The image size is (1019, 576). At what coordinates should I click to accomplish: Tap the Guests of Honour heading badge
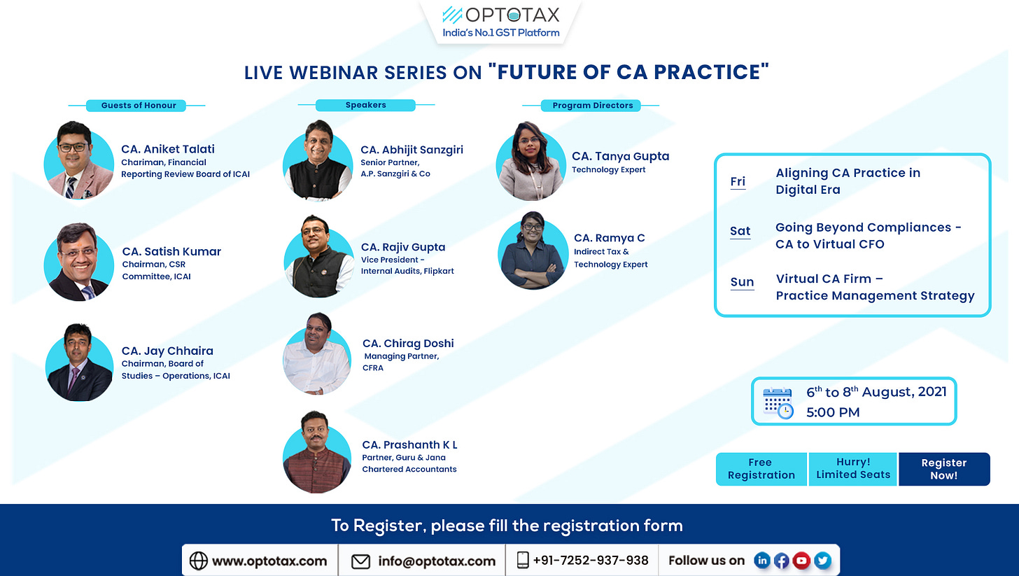[136, 106]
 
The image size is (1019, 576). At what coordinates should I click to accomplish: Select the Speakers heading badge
[365, 105]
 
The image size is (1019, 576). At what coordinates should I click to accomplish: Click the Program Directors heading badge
[591, 106]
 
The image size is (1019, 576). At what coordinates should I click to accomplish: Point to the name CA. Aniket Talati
[167, 149]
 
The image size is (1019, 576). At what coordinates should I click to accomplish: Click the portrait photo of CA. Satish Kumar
[79, 262]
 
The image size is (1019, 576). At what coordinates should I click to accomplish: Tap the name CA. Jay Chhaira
[167, 351]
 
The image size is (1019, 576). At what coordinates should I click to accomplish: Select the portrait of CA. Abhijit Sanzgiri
[318, 160]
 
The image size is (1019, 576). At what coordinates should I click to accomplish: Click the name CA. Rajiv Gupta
[403, 247]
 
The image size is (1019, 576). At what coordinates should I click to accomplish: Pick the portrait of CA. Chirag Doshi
[317, 353]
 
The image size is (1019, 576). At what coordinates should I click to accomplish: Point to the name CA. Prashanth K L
[409, 444]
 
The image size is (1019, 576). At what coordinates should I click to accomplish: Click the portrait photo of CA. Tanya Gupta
[531, 161]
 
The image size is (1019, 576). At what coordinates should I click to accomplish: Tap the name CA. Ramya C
[609, 238]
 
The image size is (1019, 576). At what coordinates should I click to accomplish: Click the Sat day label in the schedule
[740, 231]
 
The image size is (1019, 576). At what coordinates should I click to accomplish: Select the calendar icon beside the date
[778, 402]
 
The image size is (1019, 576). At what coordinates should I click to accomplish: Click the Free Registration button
[761, 469]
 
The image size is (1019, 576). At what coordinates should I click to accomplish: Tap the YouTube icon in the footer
[801, 561]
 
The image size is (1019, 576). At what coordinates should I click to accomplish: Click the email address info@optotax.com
[437, 561]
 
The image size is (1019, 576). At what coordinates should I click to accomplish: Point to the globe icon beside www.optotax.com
[198, 561]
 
